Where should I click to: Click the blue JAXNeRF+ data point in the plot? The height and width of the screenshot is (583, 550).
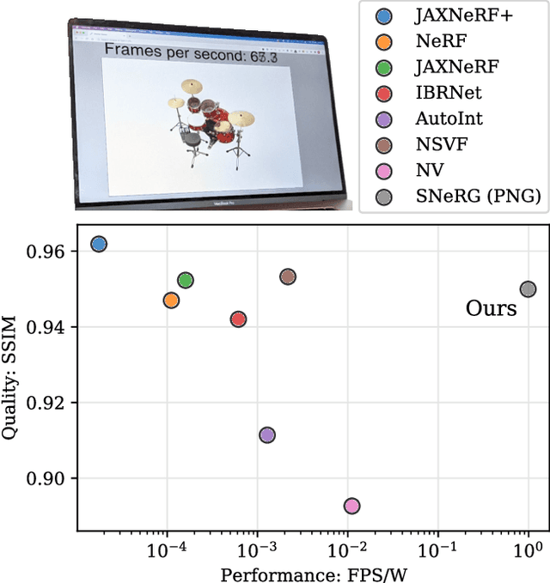pyautogui.click(x=99, y=245)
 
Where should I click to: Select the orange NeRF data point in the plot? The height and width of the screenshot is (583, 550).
pyautogui.click(x=171, y=301)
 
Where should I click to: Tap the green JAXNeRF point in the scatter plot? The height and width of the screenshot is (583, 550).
pyautogui.click(x=185, y=280)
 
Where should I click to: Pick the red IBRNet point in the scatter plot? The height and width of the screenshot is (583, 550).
pyautogui.click(x=238, y=319)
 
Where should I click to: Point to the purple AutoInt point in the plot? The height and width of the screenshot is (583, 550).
pyautogui.click(x=267, y=435)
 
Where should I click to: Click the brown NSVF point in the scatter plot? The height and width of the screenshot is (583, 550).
pyautogui.click(x=288, y=276)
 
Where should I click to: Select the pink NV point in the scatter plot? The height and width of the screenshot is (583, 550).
pyautogui.click(x=351, y=506)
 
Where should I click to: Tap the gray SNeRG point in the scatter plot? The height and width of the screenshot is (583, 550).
pyautogui.click(x=528, y=289)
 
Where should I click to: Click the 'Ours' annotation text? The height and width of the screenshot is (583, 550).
pyautogui.click(x=491, y=308)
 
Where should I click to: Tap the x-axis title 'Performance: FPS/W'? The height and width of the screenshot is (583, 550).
pyautogui.click(x=305, y=573)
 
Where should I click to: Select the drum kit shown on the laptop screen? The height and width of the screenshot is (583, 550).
pyautogui.click(x=209, y=120)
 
